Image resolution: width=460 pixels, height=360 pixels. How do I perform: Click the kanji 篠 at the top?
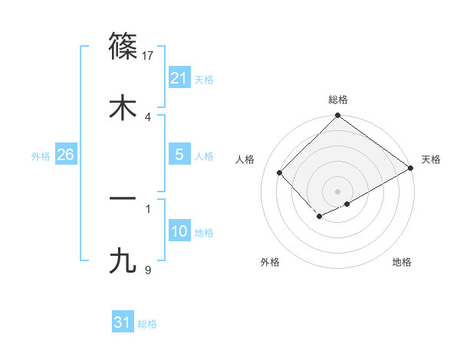123,45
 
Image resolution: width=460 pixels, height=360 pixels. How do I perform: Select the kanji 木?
123,107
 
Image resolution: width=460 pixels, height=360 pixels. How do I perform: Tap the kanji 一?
123,198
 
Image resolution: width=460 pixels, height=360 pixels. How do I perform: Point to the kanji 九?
123,260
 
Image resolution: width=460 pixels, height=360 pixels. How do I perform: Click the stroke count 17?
148,55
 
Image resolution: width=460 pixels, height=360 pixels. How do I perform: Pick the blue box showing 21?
179,78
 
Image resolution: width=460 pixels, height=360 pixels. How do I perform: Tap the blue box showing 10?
179,232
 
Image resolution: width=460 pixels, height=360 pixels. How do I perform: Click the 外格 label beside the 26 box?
41,156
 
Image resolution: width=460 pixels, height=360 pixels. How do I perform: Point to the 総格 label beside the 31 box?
147,324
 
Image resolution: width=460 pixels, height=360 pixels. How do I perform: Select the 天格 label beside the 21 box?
204,79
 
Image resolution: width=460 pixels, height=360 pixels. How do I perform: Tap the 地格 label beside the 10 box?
204,233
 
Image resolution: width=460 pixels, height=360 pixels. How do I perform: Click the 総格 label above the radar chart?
337,100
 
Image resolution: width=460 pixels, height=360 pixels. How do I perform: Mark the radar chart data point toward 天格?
411,169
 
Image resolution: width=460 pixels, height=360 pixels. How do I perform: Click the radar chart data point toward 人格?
280,172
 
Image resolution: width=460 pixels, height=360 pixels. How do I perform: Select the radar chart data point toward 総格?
337,116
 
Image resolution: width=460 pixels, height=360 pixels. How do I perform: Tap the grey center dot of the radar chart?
337,191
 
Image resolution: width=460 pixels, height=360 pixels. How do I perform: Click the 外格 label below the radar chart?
270,262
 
